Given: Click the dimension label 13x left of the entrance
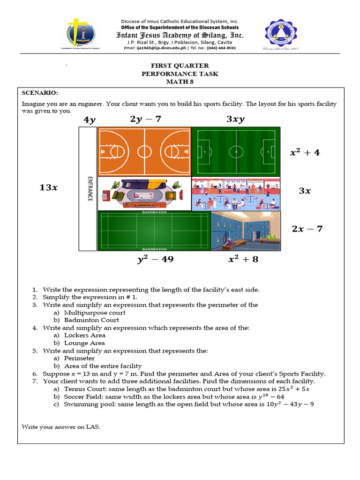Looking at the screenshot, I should (49, 187).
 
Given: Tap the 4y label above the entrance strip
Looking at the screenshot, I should (89, 120).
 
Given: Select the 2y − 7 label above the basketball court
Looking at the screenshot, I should (145, 119).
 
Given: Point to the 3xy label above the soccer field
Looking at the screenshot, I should (235, 120).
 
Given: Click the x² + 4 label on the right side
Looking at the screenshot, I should (305, 152).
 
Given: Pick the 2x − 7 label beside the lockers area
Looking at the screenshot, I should (307, 229).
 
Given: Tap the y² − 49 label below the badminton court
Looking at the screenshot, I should (155, 259).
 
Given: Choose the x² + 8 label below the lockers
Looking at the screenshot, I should (243, 259).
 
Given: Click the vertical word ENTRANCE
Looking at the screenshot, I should (89, 188).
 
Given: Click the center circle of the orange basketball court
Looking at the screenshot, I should (144, 151).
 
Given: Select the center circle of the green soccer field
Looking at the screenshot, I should (236, 152).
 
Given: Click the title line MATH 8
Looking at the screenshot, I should (180, 82).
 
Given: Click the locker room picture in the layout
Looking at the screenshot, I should (246, 232).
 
